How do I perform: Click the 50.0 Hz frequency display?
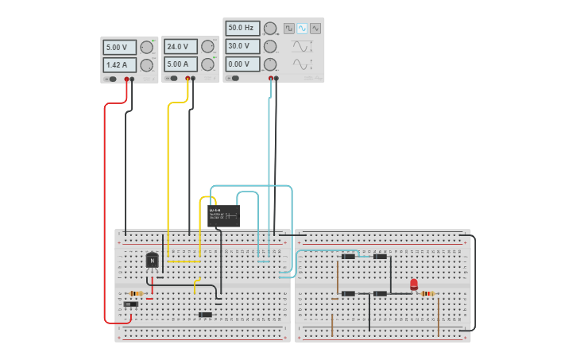242,28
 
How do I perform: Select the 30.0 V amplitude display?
242,46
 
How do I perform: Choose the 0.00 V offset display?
242,64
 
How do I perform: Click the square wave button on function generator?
289,28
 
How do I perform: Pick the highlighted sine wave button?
302,28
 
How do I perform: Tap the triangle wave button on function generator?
315,28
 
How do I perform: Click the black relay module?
223,215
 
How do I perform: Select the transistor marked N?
152,260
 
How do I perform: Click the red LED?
414,285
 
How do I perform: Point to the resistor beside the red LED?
427,293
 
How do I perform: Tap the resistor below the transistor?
136,293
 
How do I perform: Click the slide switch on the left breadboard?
131,304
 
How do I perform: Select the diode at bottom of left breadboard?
205,315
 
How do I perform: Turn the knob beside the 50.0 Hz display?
270,28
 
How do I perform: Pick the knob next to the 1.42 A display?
146,65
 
